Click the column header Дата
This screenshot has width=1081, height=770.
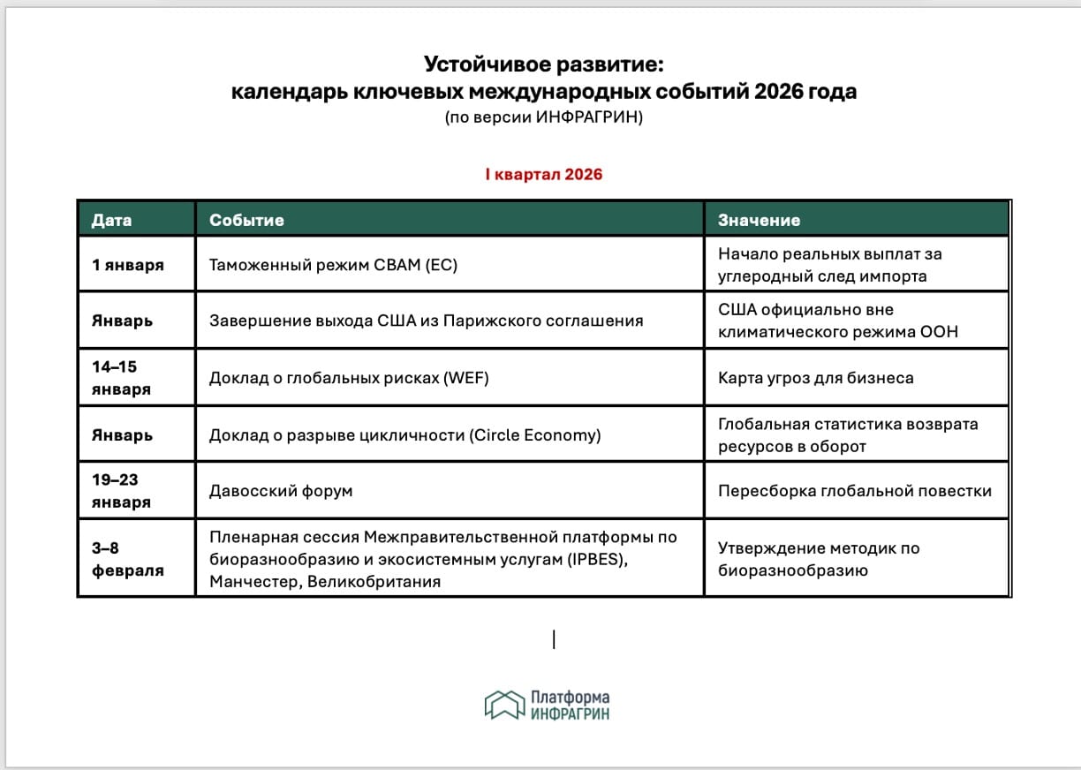[111, 220]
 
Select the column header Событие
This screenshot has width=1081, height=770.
[246, 220]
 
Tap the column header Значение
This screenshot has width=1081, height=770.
[759, 220]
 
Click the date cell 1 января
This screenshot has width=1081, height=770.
[128, 265]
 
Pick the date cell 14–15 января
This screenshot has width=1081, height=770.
[121, 378]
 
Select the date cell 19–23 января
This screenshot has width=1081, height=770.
[121, 491]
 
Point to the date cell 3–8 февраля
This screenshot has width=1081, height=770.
[128, 559]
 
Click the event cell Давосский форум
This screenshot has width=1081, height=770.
[281, 491]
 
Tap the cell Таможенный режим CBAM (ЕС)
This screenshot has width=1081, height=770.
[333, 265]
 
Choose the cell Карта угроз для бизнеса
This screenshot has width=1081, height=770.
[815, 378]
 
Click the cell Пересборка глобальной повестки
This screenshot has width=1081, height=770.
[854, 491]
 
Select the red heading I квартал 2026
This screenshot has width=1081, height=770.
[543, 175]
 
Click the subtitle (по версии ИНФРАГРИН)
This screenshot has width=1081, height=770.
[543, 117]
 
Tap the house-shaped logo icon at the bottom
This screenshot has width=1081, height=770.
[504, 705]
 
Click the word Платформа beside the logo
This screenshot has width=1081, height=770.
[571, 698]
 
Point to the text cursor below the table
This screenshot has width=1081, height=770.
[554, 639]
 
